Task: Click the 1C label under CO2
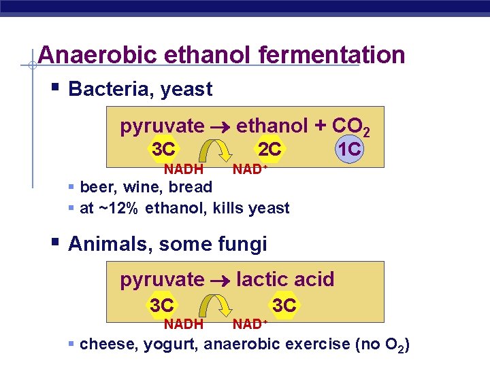349,149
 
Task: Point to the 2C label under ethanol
269,149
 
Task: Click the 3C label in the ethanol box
163,149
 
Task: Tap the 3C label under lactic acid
284,305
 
